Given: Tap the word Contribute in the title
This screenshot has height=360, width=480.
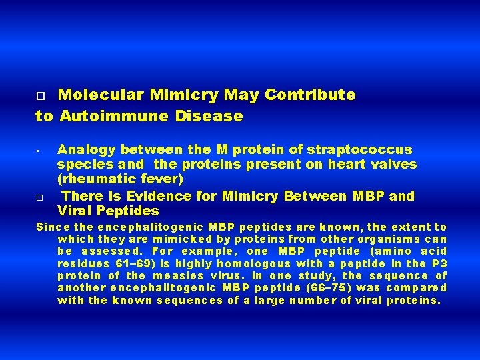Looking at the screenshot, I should click(x=310, y=95).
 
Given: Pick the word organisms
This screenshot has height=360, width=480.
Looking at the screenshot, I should click(x=390, y=239).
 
